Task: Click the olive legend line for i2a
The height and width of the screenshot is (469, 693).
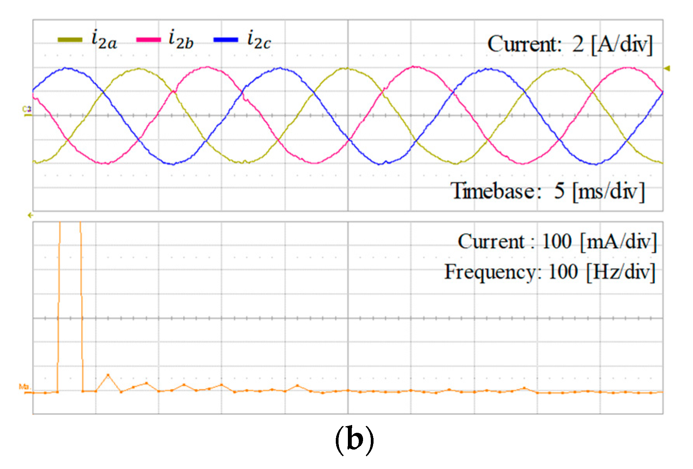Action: pyautogui.click(x=70, y=40)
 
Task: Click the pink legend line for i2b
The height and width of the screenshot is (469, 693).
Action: pyautogui.click(x=148, y=40)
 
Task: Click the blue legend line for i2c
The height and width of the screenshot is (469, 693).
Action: pyautogui.click(x=226, y=40)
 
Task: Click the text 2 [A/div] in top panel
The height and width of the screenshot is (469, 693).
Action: pyautogui.click(x=612, y=44)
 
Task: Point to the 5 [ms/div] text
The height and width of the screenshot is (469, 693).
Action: pyautogui.click(x=599, y=191)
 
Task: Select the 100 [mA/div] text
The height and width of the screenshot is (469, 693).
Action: pyautogui.click(x=599, y=242)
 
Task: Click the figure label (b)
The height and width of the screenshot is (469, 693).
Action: pyautogui.click(x=354, y=439)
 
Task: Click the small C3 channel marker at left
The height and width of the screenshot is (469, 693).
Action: pyautogui.click(x=26, y=110)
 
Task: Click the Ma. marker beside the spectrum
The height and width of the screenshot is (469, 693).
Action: pyautogui.click(x=25, y=387)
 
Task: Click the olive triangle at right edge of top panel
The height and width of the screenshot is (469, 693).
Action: pyautogui.click(x=667, y=69)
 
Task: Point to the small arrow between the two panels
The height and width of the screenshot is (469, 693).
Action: pyautogui.click(x=30, y=215)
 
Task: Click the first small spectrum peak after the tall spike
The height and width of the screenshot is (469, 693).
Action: pyautogui.click(x=108, y=375)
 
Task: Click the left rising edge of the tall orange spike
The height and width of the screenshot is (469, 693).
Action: pyautogui.click(x=59, y=311)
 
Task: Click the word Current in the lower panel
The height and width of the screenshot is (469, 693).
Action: pyautogui.click(x=491, y=242)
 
